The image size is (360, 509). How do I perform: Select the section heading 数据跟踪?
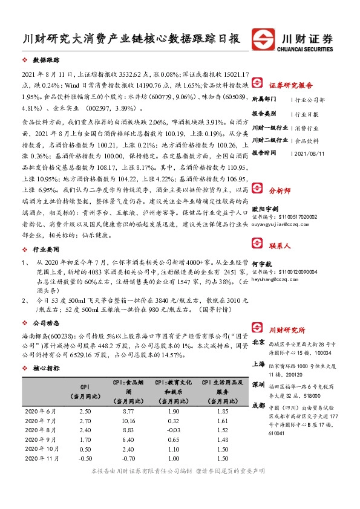tap(46, 61)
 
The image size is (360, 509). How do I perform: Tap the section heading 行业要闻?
tap(46, 248)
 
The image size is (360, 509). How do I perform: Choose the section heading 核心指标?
tap(46, 368)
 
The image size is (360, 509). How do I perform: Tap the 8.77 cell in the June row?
tap(127, 411)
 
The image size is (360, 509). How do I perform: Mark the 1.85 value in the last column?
tap(224, 411)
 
